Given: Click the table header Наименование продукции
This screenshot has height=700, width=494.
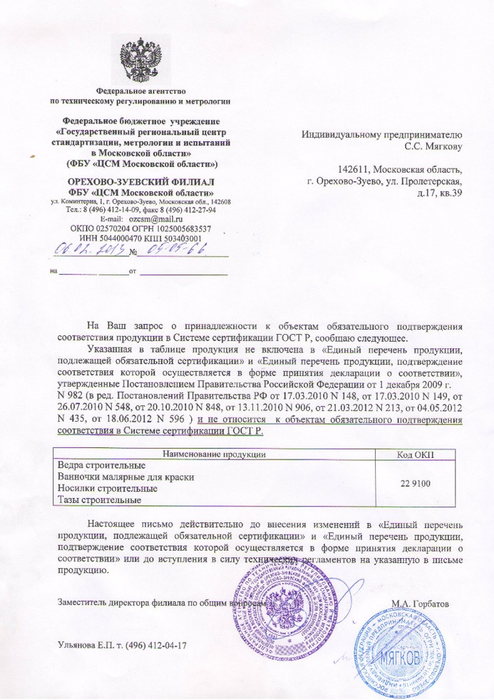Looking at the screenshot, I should tap(215, 454).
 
